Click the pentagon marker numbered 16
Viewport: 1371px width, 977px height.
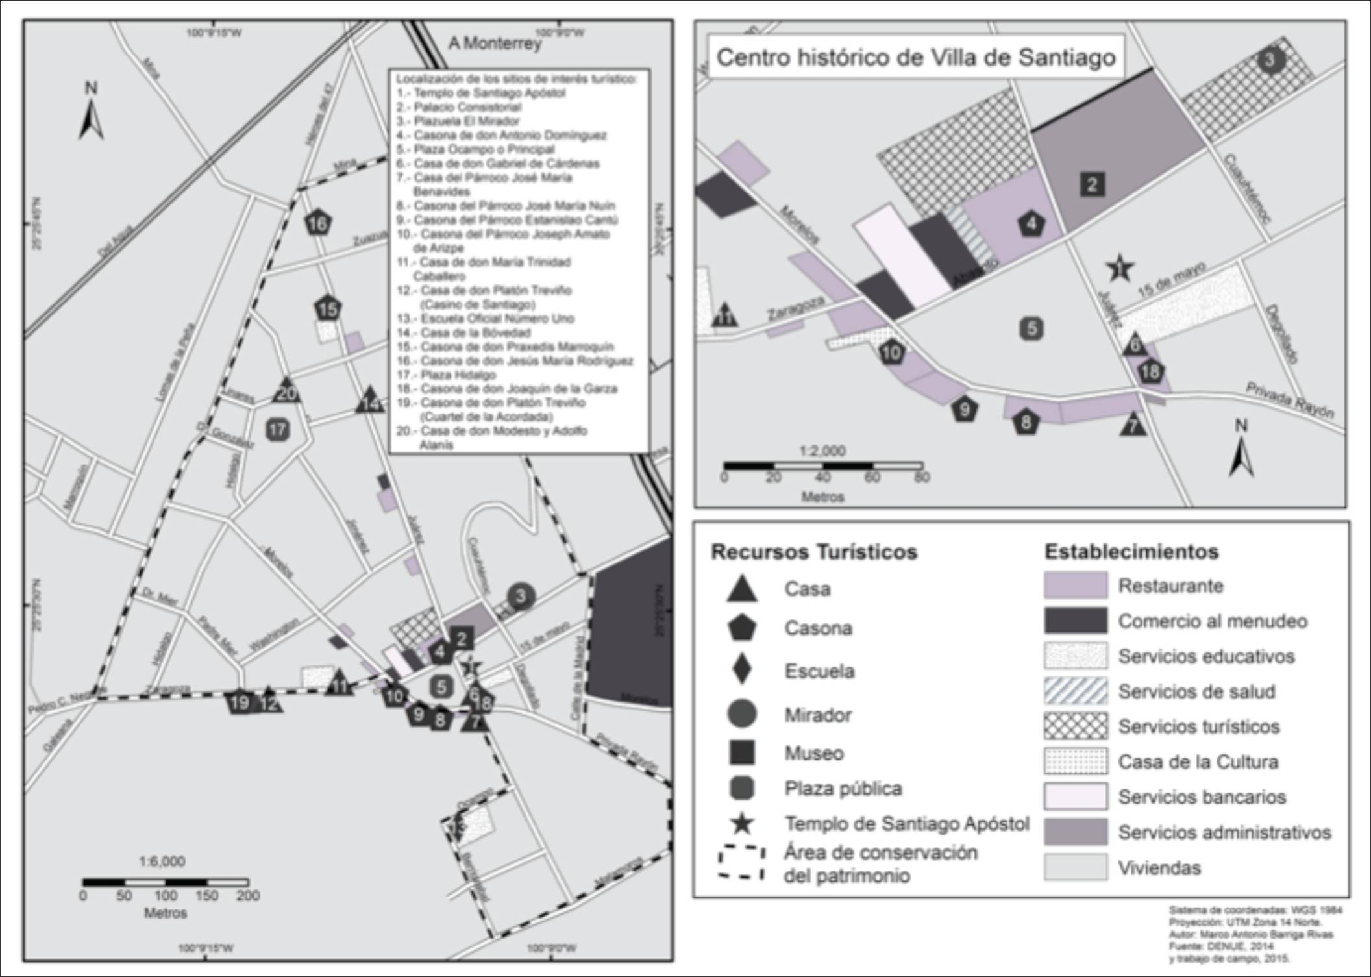coord(317,223)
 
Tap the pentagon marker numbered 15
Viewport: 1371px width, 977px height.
coord(328,308)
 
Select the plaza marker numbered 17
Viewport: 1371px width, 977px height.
coord(278,429)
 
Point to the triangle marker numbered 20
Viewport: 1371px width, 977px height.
coord(286,391)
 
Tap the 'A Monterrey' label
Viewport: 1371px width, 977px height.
coord(495,43)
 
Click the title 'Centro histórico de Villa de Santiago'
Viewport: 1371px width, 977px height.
coord(915,57)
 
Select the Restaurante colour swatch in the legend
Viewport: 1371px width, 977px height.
coord(1075,585)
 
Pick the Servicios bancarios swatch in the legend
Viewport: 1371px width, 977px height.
coord(1075,797)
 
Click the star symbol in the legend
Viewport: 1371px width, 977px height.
coord(741,824)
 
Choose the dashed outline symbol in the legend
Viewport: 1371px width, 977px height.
coord(741,862)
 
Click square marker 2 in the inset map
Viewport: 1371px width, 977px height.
coord(1092,184)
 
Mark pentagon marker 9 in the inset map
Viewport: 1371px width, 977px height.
coord(965,410)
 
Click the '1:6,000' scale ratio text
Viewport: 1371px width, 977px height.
coord(162,861)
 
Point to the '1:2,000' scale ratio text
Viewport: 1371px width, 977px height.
coord(822,451)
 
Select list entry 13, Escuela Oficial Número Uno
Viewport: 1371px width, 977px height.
coord(497,318)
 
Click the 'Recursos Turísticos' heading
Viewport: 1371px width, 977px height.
coord(814,552)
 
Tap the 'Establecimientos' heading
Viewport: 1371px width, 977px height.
coord(1131,552)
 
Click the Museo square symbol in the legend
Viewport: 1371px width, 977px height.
coord(741,752)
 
